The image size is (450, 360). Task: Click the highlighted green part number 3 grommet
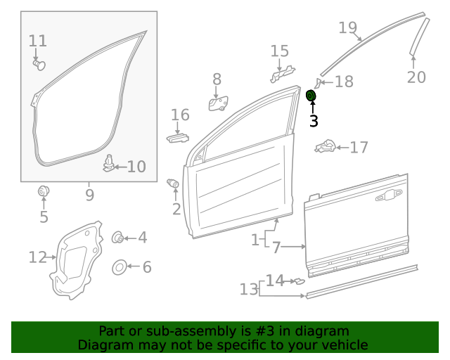311,95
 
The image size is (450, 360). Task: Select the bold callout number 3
314,122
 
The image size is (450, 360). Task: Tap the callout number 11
38,41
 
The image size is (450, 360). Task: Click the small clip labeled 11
39,65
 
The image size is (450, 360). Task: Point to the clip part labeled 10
109,163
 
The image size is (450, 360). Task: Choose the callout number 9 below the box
89,194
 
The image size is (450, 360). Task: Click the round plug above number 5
43,190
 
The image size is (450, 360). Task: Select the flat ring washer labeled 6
119,267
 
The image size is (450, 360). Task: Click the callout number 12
37,257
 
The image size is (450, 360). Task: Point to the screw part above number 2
173,184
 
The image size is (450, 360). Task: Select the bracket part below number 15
282,72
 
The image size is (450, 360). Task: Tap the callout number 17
359,148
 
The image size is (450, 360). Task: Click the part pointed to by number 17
325,147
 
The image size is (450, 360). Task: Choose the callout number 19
348,28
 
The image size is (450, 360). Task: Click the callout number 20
416,77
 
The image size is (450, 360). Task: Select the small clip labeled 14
298,281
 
